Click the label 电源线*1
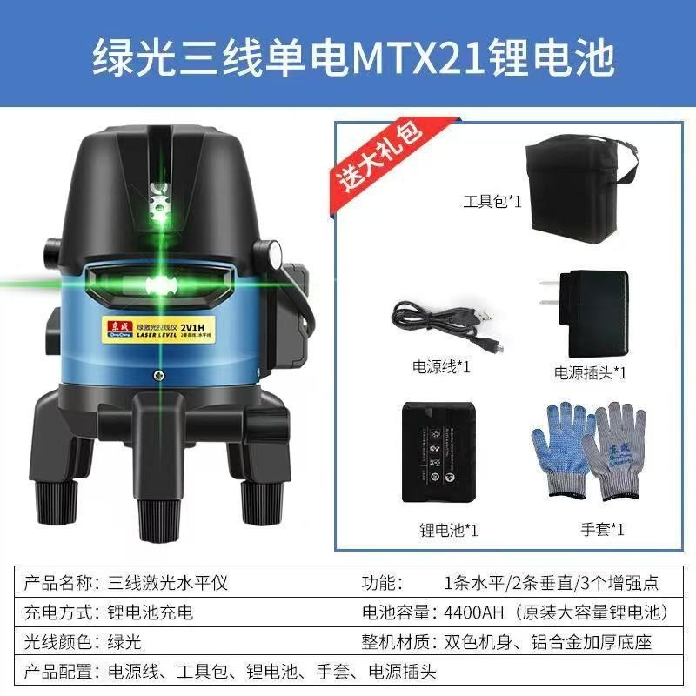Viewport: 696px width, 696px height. click(x=441, y=366)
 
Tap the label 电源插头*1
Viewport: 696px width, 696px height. click(x=591, y=372)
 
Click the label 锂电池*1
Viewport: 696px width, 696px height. click(x=449, y=529)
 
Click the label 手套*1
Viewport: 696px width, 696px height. click(x=603, y=528)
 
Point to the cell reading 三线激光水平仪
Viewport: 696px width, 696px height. click(x=168, y=583)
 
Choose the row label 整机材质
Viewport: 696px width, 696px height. click(x=397, y=642)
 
